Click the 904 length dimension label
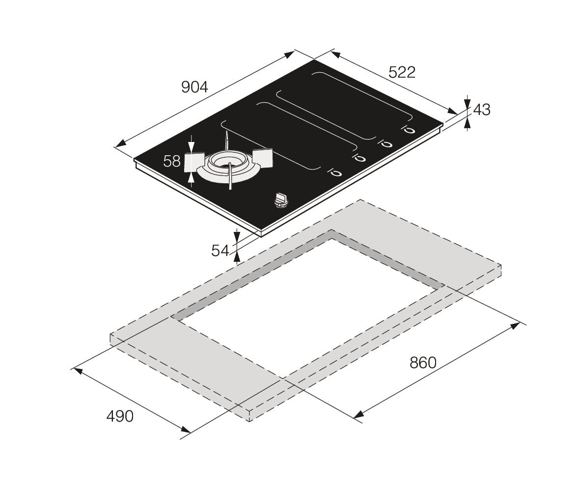195,87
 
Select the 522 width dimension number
402,72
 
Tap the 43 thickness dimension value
482,110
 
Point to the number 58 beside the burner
172,161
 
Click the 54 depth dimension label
221,251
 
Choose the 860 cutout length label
422,363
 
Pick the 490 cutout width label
120,416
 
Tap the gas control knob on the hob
281,199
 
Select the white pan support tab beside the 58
194,162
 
